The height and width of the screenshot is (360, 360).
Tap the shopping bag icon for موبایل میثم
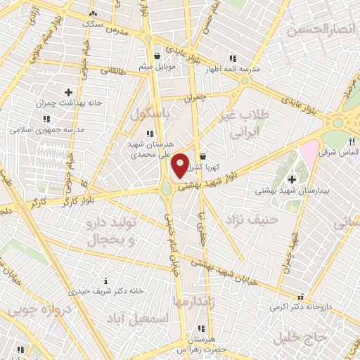pos(156,54)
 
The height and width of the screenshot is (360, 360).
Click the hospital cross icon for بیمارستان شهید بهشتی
pos(292,179)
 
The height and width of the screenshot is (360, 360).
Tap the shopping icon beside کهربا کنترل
pos(202,157)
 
